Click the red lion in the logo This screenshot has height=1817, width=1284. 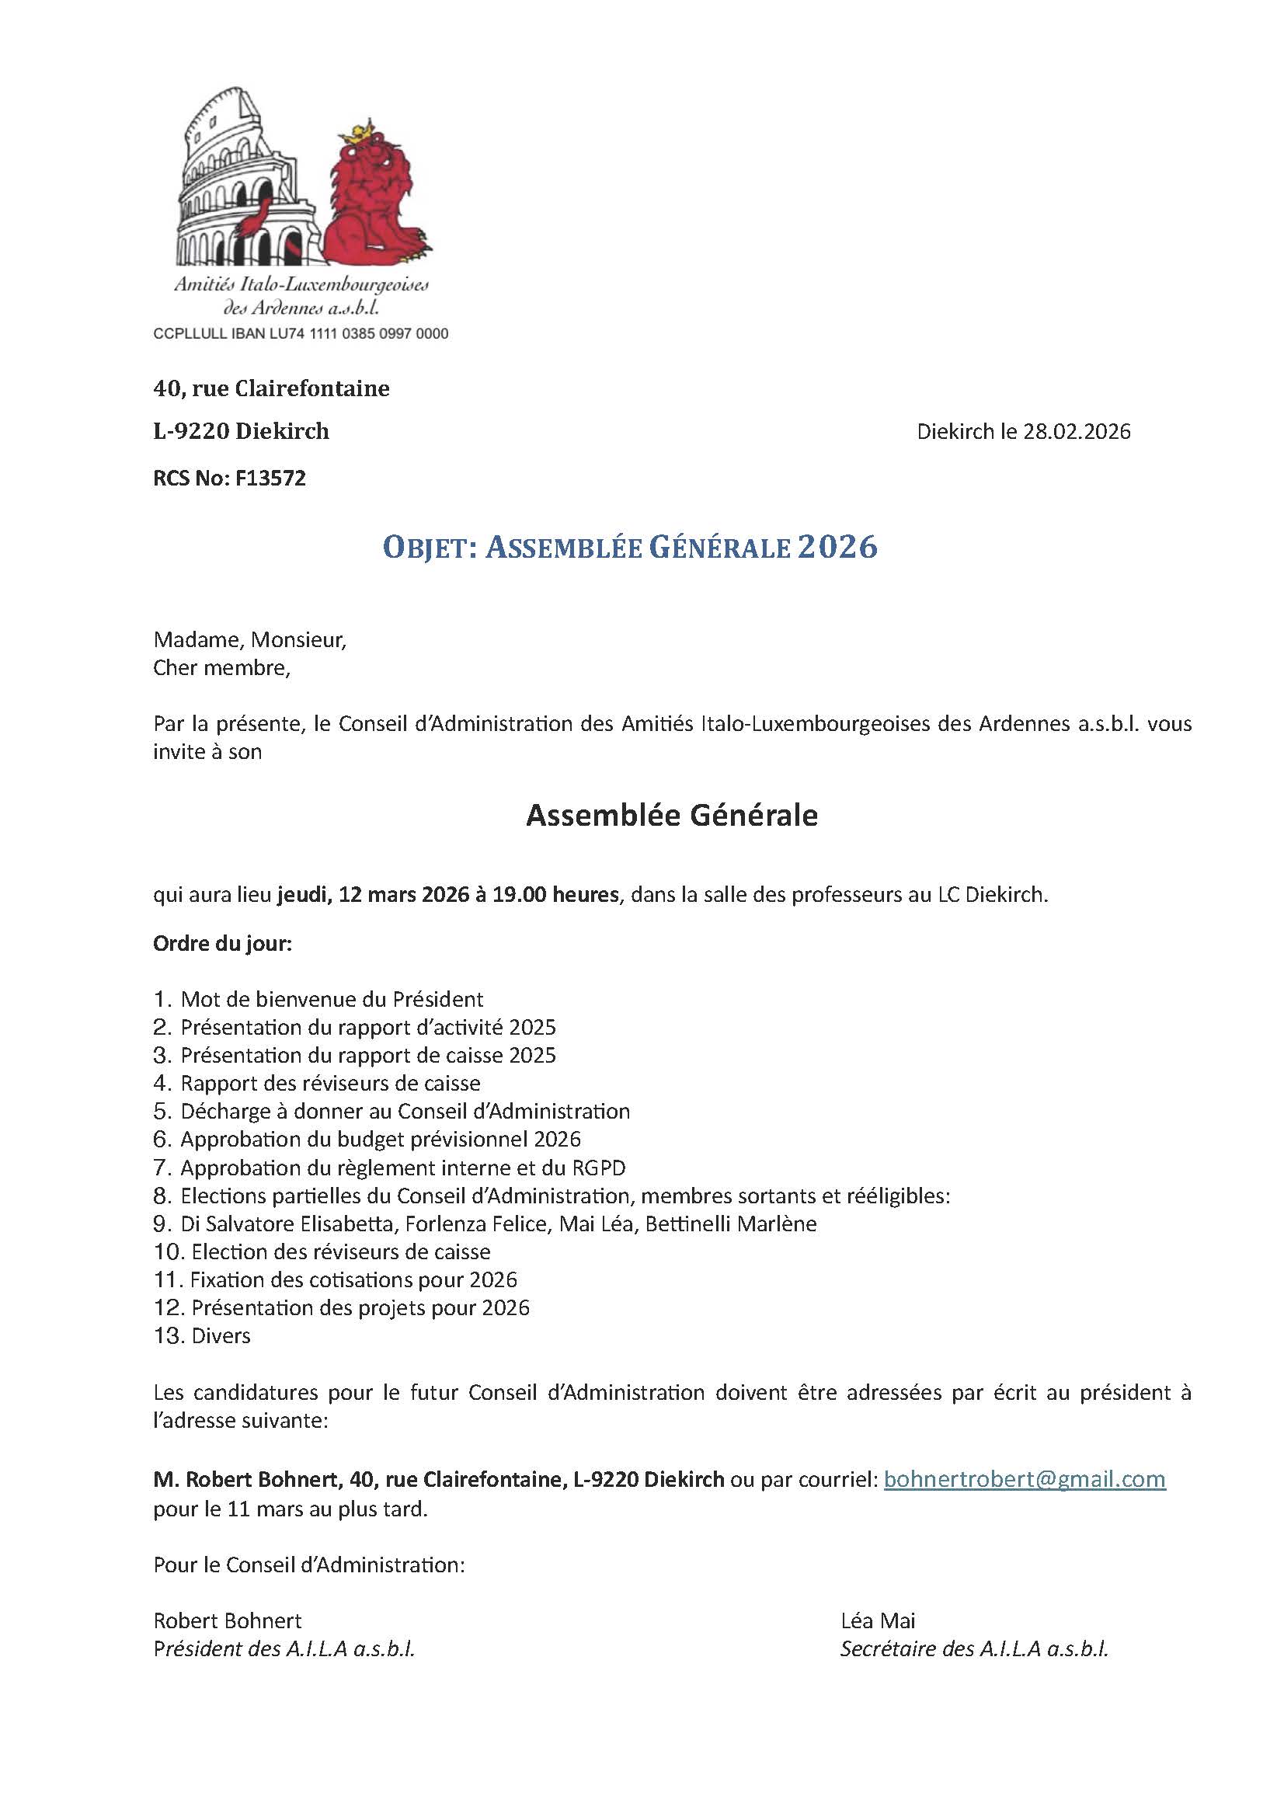(x=376, y=198)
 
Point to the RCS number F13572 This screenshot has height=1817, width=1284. (x=270, y=479)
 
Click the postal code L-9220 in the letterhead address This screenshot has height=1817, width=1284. (x=190, y=431)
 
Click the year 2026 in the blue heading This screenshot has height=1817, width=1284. (x=838, y=548)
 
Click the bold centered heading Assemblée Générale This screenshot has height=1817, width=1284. (x=672, y=816)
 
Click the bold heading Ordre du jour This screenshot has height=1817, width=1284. (x=222, y=945)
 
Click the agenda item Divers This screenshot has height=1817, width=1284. (x=221, y=1337)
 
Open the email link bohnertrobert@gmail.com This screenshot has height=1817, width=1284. (x=1024, y=1480)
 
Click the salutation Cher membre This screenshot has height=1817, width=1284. (x=221, y=668)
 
